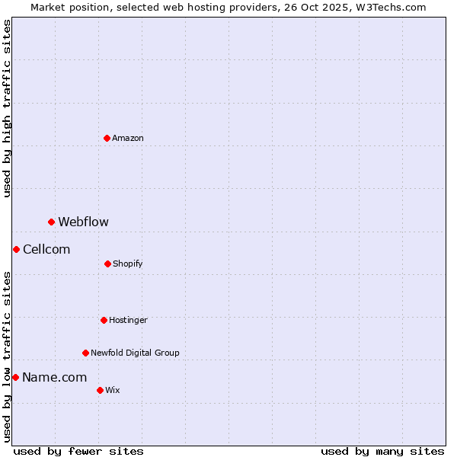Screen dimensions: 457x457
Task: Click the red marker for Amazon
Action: [x=107, y=138]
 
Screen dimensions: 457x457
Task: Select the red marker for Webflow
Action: [x=51, y=222]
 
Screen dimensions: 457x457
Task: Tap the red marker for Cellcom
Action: [x=16, y=249]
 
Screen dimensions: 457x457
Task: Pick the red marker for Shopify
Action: [x=107, y=264]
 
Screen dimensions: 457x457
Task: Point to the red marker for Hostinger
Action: [x=104, y=320]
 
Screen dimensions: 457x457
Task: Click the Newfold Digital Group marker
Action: [x=85, y=353]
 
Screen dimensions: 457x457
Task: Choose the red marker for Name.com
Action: [x=15, y=377]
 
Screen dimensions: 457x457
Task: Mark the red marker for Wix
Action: [x=100, y=390]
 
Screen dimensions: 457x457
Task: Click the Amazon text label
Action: [x=128, y=138]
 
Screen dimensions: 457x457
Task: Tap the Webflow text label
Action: [x=84, y=222]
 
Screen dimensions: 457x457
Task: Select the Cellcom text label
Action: [x=46, y=249]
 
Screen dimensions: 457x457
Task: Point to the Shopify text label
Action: [x=128, y=264]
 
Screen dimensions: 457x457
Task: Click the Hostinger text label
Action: [x=128, y=320]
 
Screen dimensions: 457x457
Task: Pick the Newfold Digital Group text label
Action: [x=135, y=353]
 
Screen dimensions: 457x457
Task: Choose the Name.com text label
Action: [x=54, y=377]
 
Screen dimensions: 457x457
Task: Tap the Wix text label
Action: [x=113, y=390]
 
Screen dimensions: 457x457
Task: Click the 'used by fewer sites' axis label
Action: [x=78, y=451]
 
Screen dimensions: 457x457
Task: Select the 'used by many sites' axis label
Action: [x=382, y=451]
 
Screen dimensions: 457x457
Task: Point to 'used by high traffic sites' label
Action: [x=7, y=108]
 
